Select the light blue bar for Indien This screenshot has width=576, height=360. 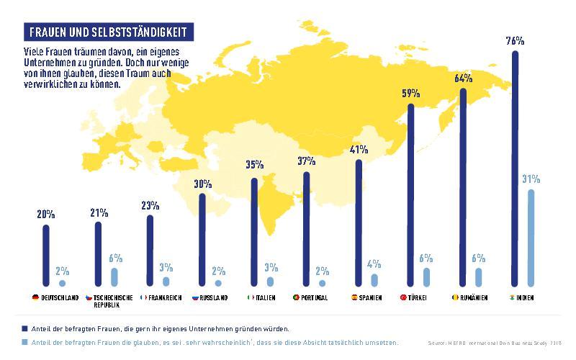tap(531, 238)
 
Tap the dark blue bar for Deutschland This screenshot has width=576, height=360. tap(46, 256)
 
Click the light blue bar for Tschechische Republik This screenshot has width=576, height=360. tap(114, 277)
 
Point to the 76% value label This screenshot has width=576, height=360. tap(515, 41)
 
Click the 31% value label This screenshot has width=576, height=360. tap(531, 179)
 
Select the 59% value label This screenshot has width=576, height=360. tap(410, 94)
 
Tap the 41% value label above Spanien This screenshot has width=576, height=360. tap(359, 150)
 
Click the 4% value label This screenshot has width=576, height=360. tap(374, 264)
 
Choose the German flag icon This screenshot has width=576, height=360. tap(35, 297)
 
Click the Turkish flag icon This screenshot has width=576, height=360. tap(402, 297)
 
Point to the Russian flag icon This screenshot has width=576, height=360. tap(195, 297)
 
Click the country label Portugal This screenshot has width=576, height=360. tap(315, 297)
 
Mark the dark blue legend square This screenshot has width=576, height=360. tap(24, 328)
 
